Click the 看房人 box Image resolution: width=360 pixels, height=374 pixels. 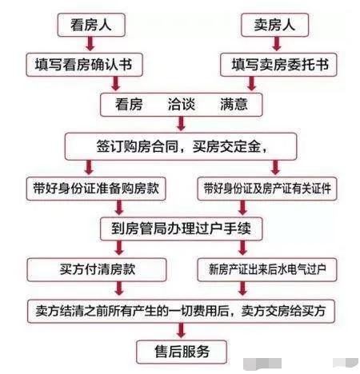91,25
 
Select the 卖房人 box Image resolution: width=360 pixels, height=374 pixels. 274,25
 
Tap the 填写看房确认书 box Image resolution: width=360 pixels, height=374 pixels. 84,65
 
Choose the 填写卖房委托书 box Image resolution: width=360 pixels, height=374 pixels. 278,65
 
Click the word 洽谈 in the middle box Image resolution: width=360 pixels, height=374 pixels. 182,104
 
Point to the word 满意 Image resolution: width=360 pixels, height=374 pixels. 234,104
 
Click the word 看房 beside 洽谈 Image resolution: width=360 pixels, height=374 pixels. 129,104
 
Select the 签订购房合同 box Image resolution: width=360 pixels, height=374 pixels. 181,146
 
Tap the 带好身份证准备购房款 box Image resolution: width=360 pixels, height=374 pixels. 96,189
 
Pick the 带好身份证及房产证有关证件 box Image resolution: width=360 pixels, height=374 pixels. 267,189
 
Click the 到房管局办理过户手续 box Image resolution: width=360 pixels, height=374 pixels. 182,229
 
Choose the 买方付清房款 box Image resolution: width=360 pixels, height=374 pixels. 97,269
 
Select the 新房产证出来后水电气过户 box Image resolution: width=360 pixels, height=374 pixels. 267,269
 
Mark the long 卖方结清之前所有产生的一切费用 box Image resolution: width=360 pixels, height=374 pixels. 181,311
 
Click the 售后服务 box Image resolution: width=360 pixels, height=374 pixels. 182,352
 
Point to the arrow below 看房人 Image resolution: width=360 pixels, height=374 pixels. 90,44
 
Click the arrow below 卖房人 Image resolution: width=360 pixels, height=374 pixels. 277,44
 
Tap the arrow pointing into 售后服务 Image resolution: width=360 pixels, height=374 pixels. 182,331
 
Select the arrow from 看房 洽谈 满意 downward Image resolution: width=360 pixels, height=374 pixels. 181,124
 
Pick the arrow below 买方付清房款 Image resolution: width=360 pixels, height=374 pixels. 119,288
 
